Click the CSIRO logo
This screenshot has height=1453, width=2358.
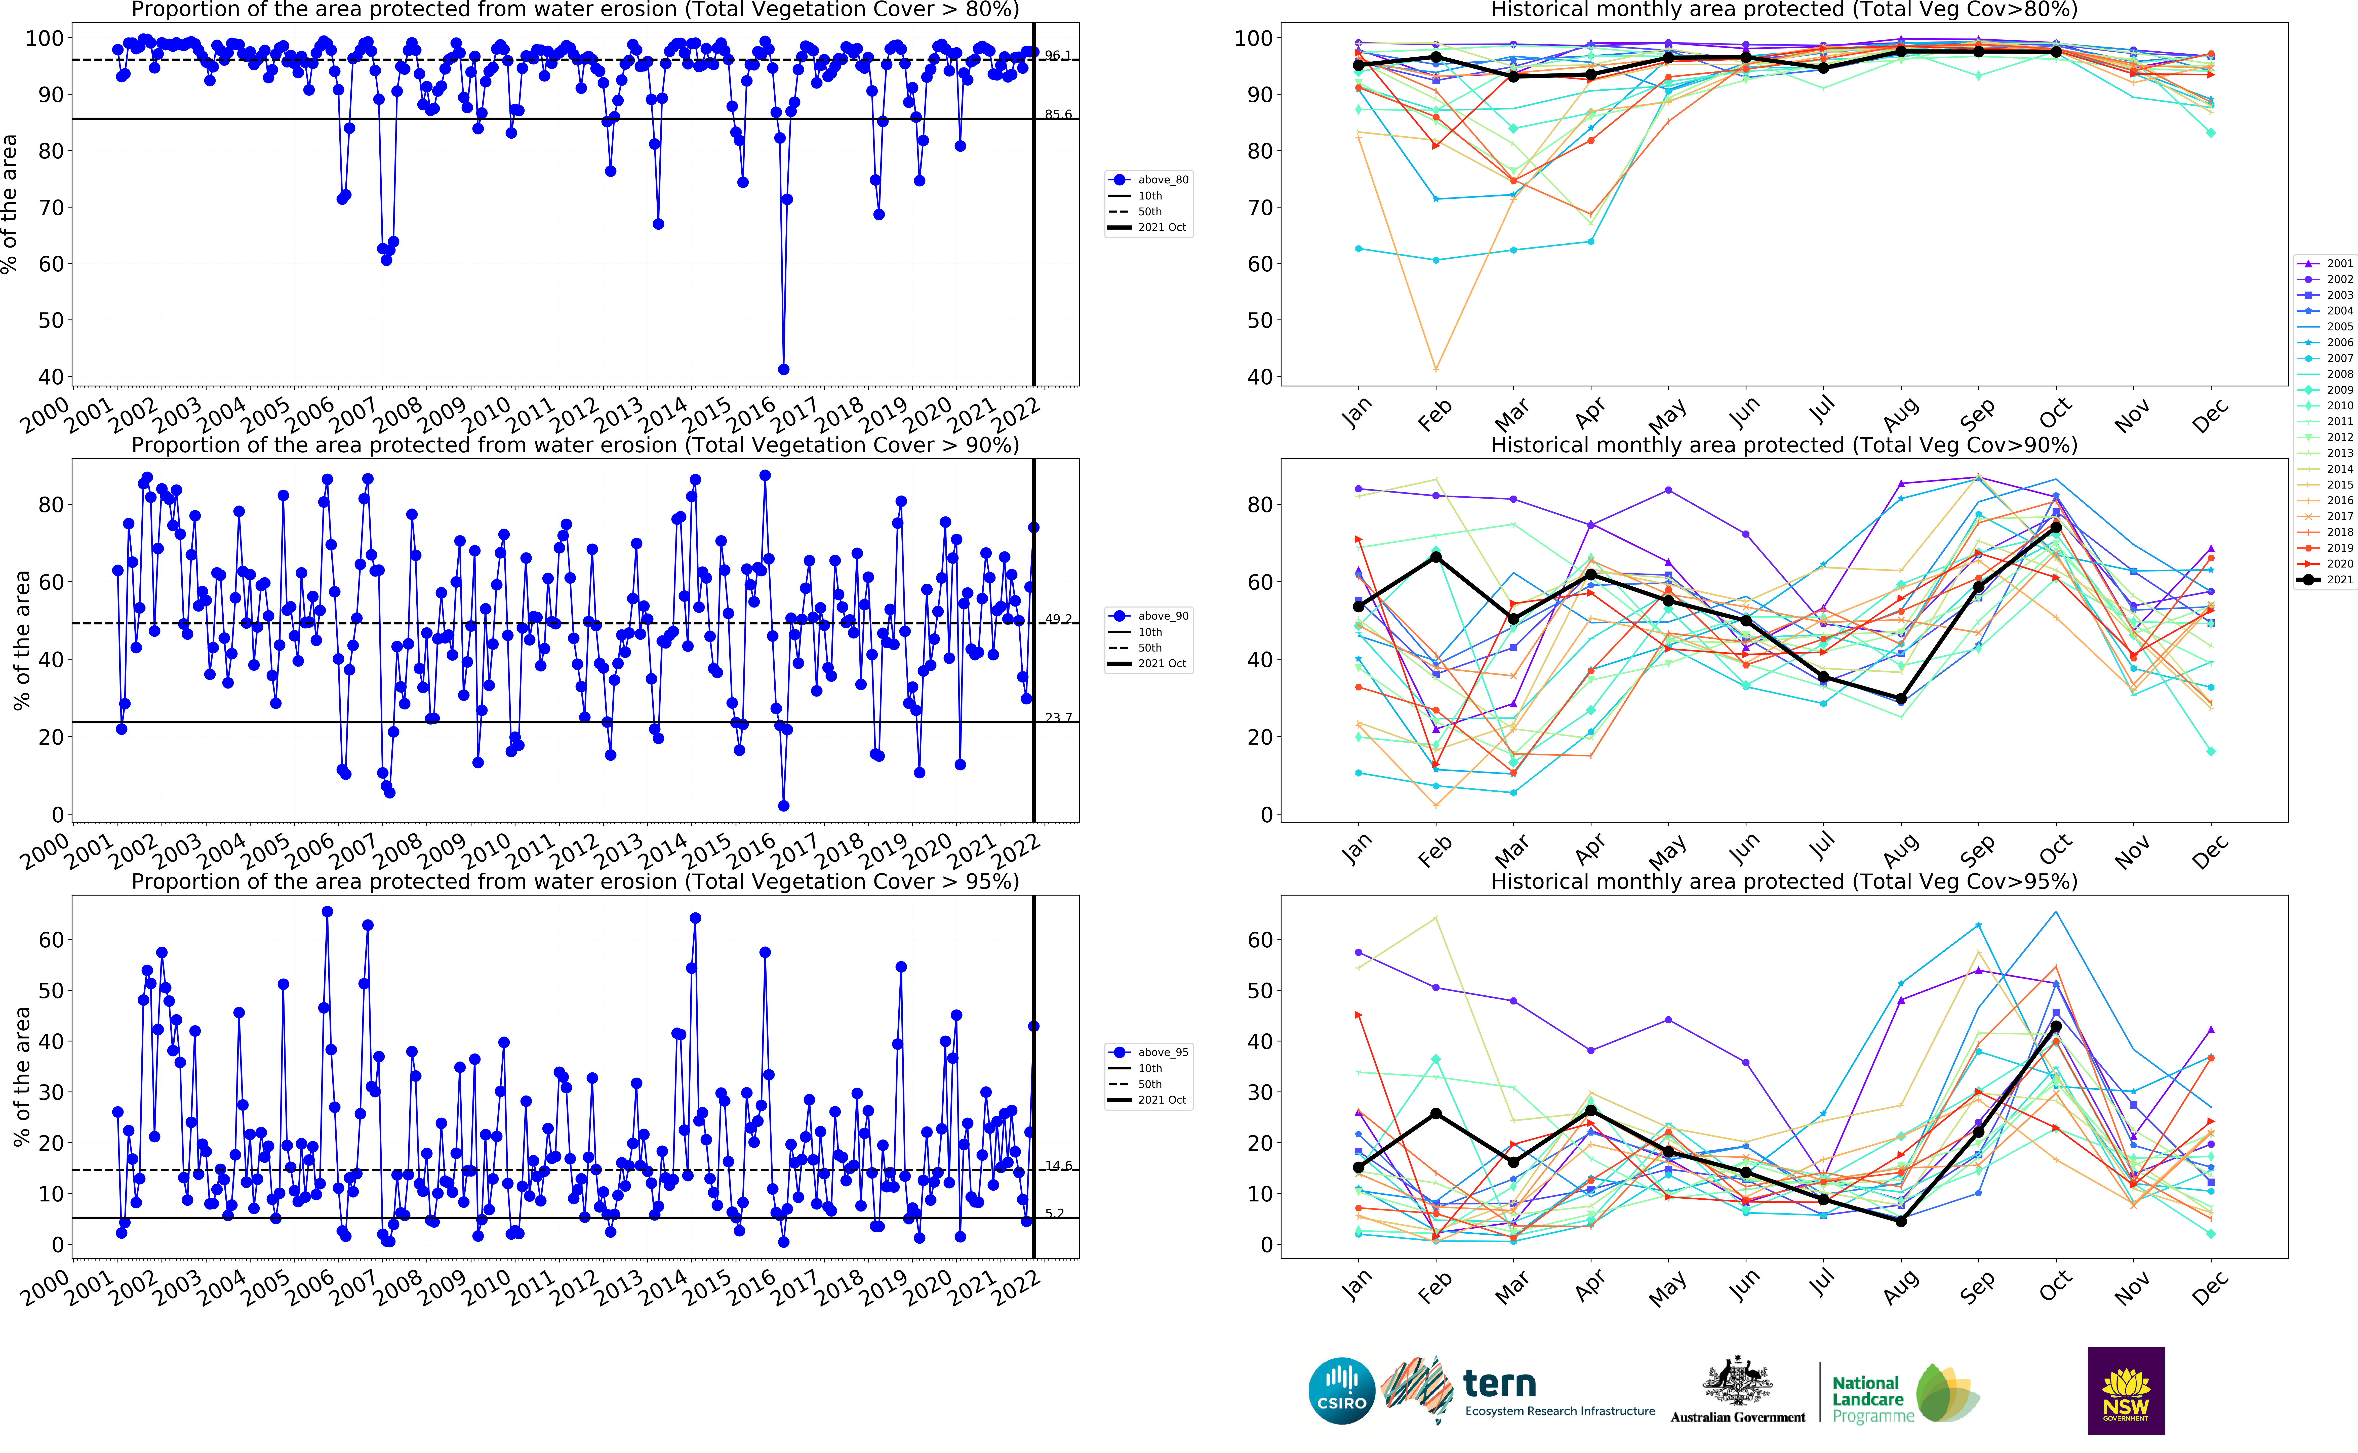click(1341, 1391)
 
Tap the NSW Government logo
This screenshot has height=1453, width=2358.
click(2126, 1391)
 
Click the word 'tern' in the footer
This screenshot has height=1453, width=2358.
click(1499, 1384)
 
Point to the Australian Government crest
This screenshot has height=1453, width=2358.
click(1737, 1384)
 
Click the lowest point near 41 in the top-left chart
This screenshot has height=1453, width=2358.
click(783, 369)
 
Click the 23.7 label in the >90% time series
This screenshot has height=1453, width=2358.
click(1058, 718)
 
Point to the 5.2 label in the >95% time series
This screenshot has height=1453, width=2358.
click(1054, 1213)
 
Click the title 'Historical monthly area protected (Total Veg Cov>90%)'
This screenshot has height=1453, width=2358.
click(1783, 445)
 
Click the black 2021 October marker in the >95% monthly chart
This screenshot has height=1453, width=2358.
click(2056, 1026)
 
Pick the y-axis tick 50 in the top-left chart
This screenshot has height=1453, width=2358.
click(50, 320)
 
